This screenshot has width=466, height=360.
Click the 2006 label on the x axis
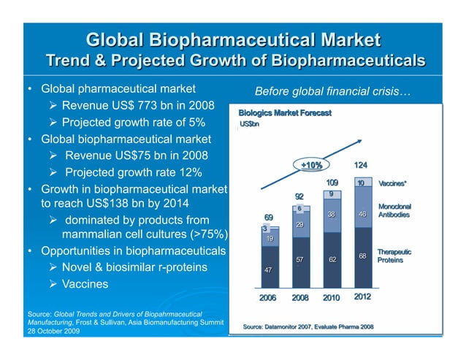point(268,298)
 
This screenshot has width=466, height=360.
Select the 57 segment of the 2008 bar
point(299,259)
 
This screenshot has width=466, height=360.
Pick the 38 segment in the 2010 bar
point(332,215)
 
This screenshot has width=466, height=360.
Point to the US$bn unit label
point(250,126)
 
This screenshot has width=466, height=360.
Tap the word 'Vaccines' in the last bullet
point(85,283)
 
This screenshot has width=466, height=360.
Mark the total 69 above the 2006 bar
point(269,218)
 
